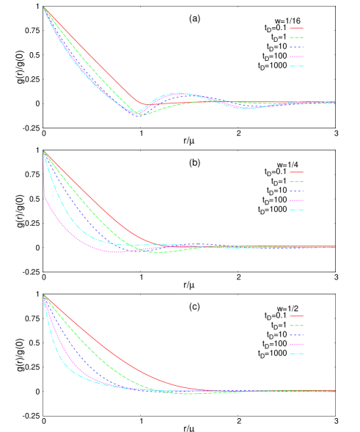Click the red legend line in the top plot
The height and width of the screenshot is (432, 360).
pyautogui.click(x=296, y=28)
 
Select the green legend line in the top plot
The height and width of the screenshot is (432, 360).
pyautogui.click(x=296, y=37)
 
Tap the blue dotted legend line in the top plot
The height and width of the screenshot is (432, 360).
pyautogui.click(x=296, y=47)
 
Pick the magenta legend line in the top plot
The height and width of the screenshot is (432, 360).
pyautogui.click(x=296, y=56)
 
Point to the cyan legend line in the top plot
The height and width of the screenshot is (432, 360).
pyautogui.click(x=296, y=66)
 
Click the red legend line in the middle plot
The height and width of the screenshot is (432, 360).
pyautogui.click(x=296, y=172)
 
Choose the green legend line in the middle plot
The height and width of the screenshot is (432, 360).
pyautogui.click(x=296, y=182)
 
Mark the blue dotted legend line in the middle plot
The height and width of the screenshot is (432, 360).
pyautogui.click(x=296, y=191)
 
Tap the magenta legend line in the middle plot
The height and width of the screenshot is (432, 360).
pyautogui.click(x=296, y=200)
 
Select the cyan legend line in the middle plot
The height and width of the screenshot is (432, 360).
pyautogui.click(x=296, y=210)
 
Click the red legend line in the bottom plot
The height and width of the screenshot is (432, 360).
pyautogui.click(x=296, y=316)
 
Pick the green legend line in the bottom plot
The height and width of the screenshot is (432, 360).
pyautogui.click(x=296, y=326)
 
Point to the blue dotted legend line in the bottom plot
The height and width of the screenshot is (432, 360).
pyautogui.click(x=296, y=335)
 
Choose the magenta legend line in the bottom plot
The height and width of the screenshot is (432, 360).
pyautogui.click(x=296, y=344)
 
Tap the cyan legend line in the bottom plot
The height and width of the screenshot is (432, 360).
pyautogui.click(x=296, y=354)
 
